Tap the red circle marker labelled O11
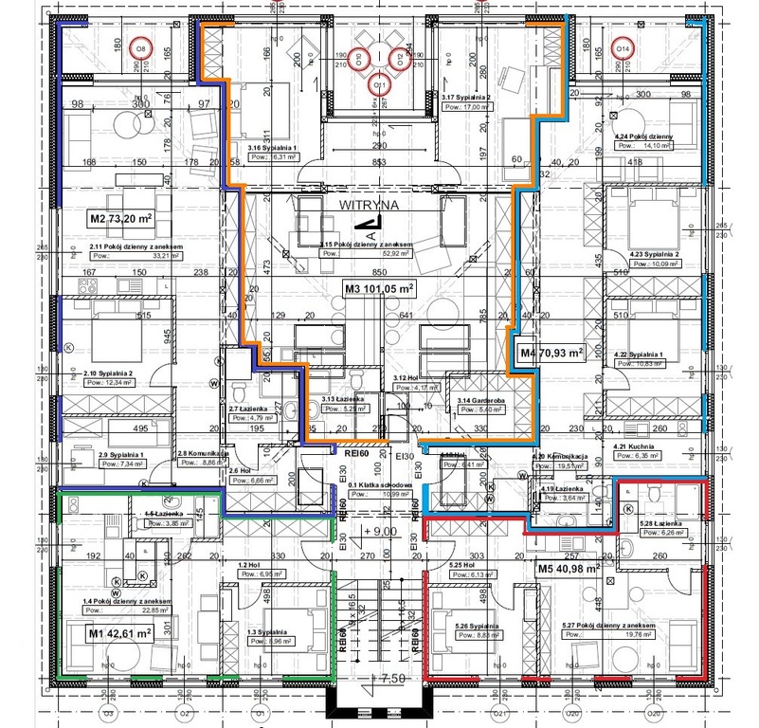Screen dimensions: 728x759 380,84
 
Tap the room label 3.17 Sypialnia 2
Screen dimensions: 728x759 471,96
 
